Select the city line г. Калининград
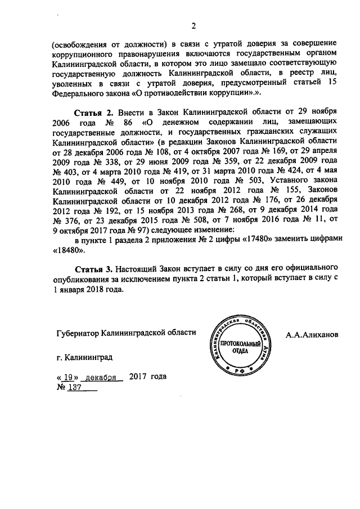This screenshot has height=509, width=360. (84, 357)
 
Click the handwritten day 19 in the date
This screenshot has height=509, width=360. (69, 377)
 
